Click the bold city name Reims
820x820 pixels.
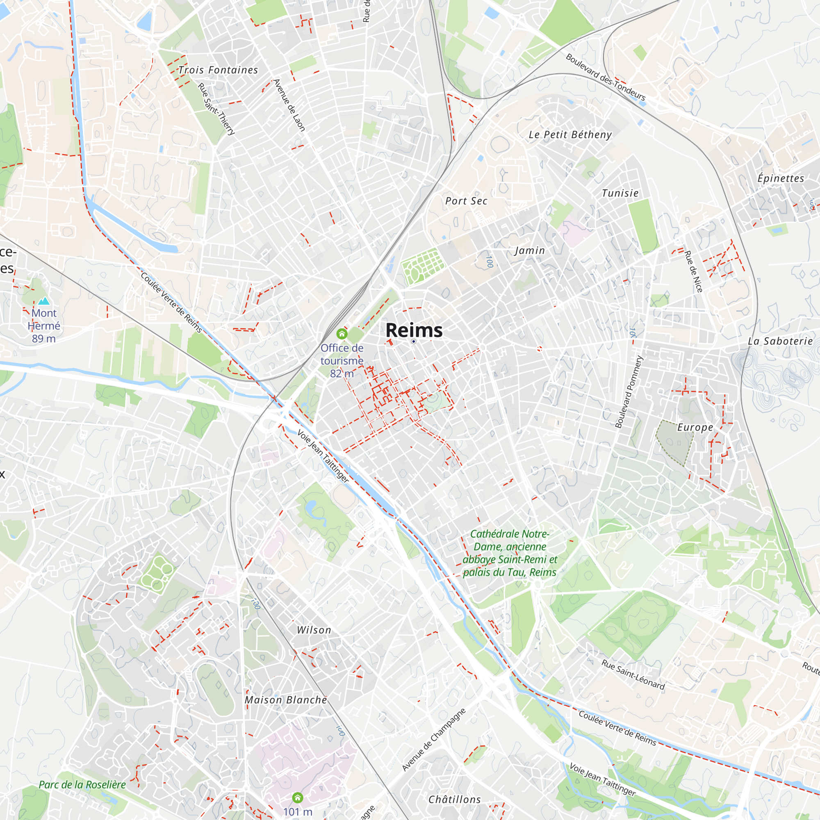(x=414, y=330)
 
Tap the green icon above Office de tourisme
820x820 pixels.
(x=342, y=334)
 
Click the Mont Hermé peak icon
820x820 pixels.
(x=44, y=301)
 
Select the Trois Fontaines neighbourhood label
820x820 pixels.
(x=218, y=70)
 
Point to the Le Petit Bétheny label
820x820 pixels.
(x=570, y=135)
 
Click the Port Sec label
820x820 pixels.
(x=466, y=201)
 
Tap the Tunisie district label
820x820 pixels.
(x=620, y=194)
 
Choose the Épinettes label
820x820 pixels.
(x=781, y=179)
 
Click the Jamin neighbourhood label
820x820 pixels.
(x=530, y=251)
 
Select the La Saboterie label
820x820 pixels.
(x=780, y=341)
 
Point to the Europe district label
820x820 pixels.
(x=695, y=427)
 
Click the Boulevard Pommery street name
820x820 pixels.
(x=629, y=392)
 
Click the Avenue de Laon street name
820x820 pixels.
(x=289, y=105)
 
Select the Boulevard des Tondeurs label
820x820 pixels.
(x=606, y=77)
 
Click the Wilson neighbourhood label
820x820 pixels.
(x=314, y=630)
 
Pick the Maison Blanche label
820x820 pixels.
(x=286, y=700)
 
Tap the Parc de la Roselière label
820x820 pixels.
(x=82, y=785)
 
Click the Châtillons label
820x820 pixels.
(x=455, y=799)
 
